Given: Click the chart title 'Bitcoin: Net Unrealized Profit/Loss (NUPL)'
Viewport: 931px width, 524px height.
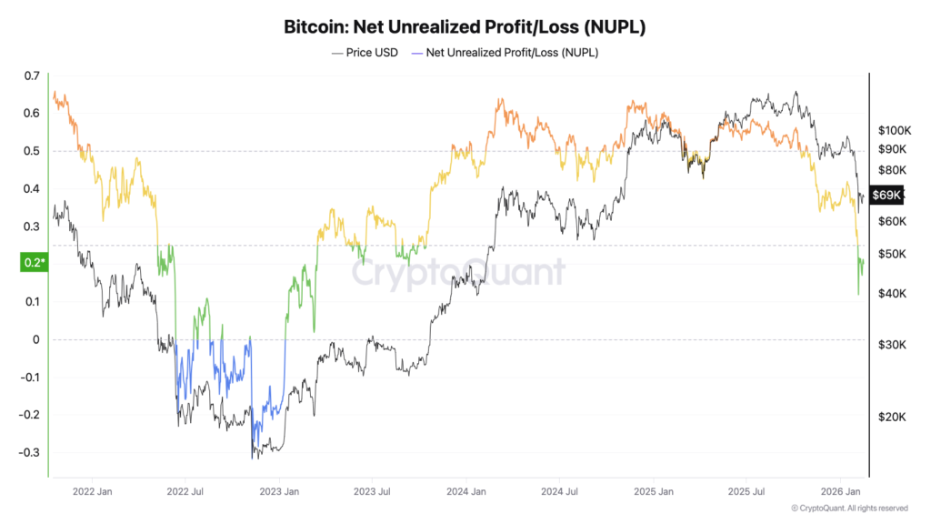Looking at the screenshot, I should tap(465, 27).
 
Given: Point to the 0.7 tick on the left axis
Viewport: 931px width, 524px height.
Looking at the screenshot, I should tap(32, 76).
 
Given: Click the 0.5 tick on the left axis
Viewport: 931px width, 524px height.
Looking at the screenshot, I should tap(32, 151).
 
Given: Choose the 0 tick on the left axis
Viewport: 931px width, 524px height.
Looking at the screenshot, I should tap(36, 339).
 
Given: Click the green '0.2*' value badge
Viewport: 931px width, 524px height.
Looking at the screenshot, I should tap(33, 263).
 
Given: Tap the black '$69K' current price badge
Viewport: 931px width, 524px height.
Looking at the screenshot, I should tap(886, 195).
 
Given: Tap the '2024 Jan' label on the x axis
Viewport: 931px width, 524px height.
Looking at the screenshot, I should tap(465, 492).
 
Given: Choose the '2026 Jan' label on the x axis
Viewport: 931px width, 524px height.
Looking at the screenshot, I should tap(840, 492).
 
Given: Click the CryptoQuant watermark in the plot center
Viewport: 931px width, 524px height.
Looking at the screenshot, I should tap(459, 272).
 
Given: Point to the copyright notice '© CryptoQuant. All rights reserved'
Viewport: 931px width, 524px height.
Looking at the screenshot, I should tap(849, 509).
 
